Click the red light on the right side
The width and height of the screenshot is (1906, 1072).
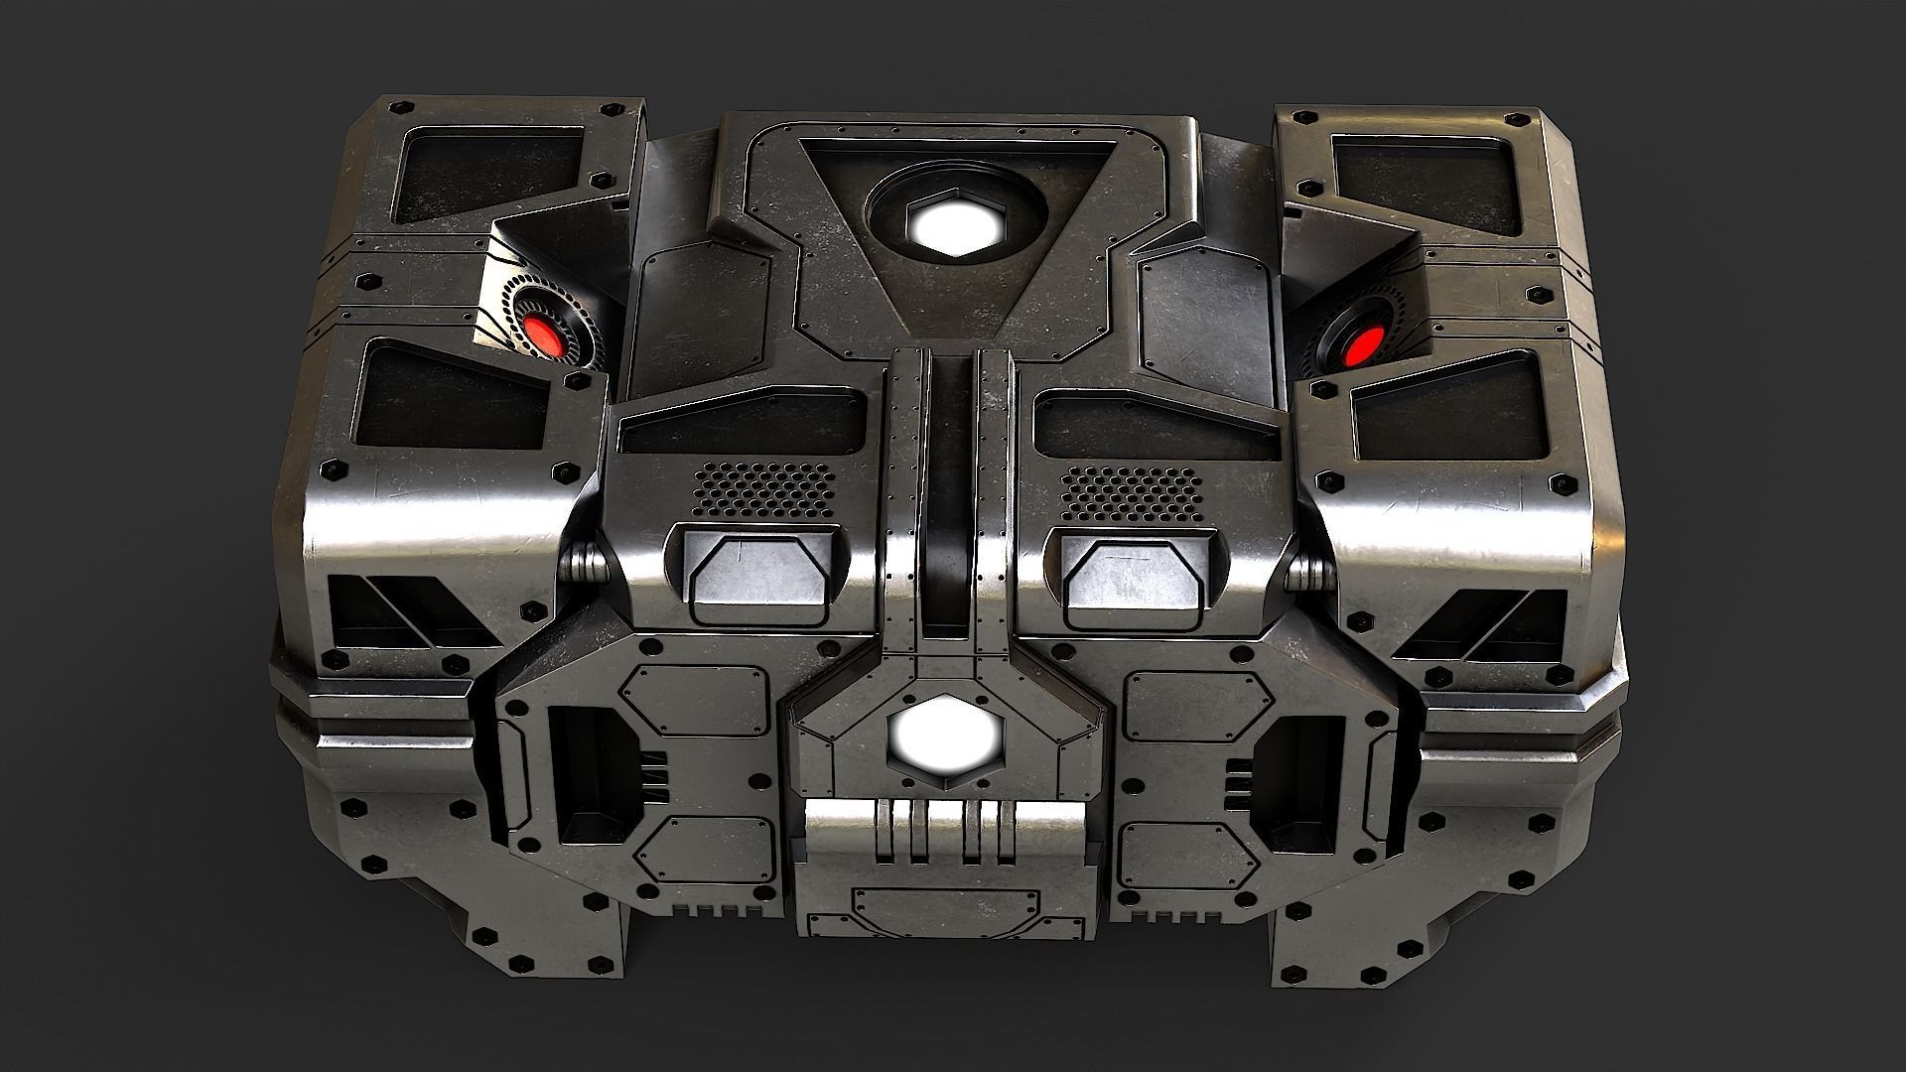(x=1360, y=346)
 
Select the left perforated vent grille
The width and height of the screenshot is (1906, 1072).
(x=763, y=486)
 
